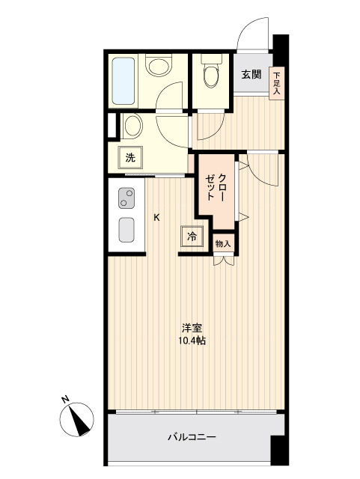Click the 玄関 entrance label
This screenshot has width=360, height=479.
tap(251, 74)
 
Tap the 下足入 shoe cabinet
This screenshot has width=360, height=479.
tap(277, 82)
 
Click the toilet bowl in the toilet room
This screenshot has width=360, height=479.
tap(210, 76)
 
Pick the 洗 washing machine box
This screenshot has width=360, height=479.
tap(131, 158)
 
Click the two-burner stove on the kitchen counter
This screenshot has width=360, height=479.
tap(125, 199)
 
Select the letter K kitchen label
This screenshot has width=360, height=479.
tap(156, 218)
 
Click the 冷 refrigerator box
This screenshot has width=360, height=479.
tap(192, 237)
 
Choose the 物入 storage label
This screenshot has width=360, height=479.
tap(223, 243)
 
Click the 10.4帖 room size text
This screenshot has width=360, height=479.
tap(192, 341)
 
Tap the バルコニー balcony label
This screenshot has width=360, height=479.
tap(192, 436)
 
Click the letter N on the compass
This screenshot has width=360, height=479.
tap(65, 399)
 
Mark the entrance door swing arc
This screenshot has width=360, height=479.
tap(249, 34)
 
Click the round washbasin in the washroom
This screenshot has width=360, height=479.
tap(133, 125)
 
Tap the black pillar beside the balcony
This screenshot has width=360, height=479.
tap(278, 449)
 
